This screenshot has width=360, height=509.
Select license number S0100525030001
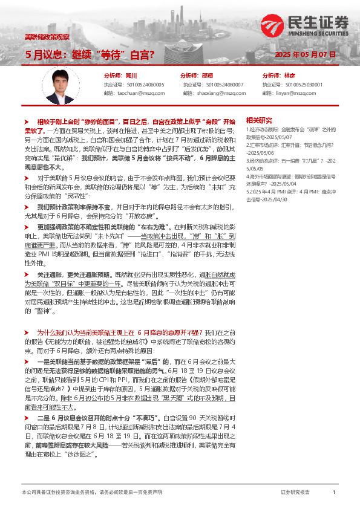301,85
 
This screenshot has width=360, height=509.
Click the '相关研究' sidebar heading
259,120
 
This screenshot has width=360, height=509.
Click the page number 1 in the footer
334,493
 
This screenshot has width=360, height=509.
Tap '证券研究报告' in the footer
295,493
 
